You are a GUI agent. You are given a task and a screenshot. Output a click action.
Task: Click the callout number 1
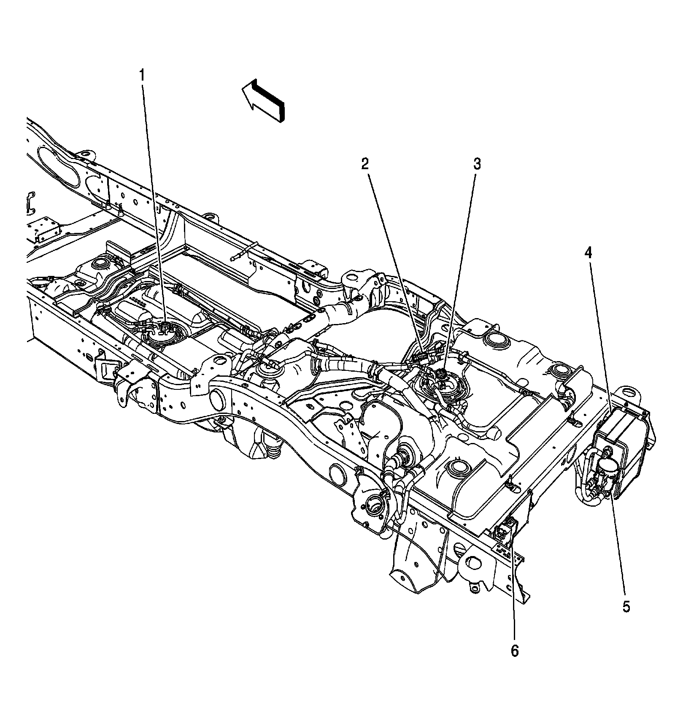[142, 76]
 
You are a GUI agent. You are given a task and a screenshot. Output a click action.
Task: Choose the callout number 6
[514, 651]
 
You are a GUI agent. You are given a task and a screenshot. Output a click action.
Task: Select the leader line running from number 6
[513, 591]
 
